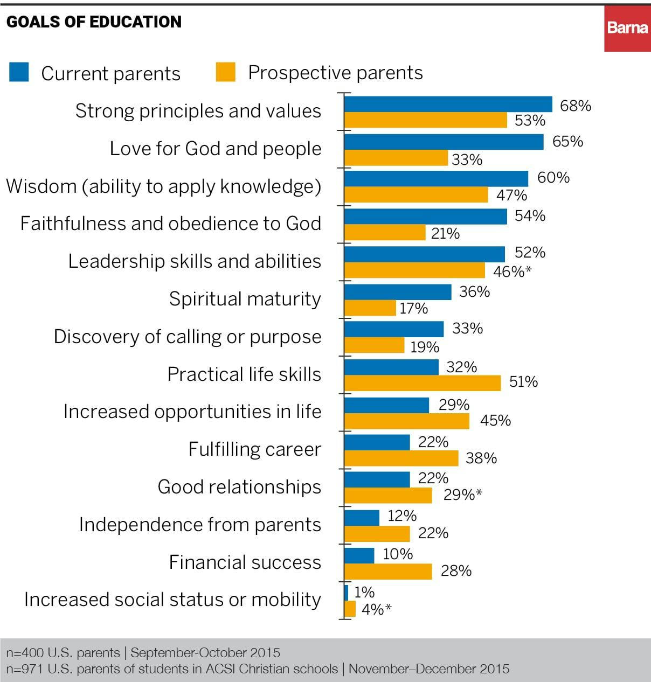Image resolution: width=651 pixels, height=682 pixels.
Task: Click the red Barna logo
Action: coord(627,28)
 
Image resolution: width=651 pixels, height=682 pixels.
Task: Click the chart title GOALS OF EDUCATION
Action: coord(94,22)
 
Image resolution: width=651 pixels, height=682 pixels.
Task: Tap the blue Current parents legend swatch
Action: coord(19,72)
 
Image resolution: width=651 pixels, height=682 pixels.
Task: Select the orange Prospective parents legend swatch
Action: coord(225,72)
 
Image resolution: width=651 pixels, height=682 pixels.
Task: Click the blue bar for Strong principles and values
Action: coord(448,105)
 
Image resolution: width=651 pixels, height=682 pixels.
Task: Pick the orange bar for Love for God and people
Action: coord(396,158)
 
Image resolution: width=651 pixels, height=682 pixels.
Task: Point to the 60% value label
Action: coord(553,177)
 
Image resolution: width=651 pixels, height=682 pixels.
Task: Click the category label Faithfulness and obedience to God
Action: coord(170,223)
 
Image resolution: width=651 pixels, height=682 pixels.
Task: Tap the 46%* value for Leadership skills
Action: coord(511,272)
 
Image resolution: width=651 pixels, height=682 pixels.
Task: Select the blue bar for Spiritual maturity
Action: coord(398,292)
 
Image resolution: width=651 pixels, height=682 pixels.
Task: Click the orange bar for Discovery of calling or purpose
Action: coord(374,345)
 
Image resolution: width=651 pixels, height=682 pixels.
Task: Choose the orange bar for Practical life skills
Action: coord(423,383)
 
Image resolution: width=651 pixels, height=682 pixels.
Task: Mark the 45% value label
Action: coord(495,420)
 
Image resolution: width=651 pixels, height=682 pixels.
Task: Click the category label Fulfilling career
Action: coord(254,449)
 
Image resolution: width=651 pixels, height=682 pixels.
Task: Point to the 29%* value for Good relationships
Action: coord(462,495)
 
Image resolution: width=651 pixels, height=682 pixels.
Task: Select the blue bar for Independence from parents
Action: coord(362,518)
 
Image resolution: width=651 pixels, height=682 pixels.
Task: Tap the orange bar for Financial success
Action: coord(388,572)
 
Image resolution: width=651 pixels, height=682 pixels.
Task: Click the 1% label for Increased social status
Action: coord(364,592)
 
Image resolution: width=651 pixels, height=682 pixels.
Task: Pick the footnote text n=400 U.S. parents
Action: coord(63,653)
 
